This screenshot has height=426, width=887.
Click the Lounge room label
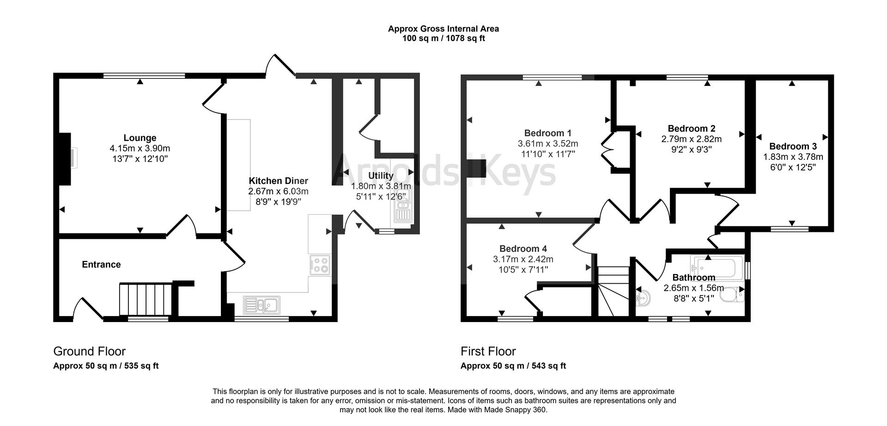(x=140, y=138)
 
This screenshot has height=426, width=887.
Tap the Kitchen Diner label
(x=278, y=181)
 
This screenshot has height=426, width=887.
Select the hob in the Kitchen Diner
(x=320, y=265)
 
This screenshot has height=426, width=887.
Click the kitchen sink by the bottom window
(x=261, y=304)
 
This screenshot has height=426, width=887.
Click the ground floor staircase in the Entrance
(x=146, y=299)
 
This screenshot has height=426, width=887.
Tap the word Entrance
(x=101, y=264)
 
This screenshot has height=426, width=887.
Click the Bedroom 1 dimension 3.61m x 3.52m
(x=548, y=144)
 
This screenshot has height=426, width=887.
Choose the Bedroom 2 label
(x=692, y=128)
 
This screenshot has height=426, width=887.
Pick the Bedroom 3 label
(x=793, y=146)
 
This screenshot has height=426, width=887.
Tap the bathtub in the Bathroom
(x=717, y=267)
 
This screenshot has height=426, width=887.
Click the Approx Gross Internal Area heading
(x=443, y=29)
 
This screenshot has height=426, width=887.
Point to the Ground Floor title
(x=89, y=351)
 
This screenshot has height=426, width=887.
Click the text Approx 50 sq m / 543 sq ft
(x=513, y=366)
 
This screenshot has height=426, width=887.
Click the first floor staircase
(x=614, y=291)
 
